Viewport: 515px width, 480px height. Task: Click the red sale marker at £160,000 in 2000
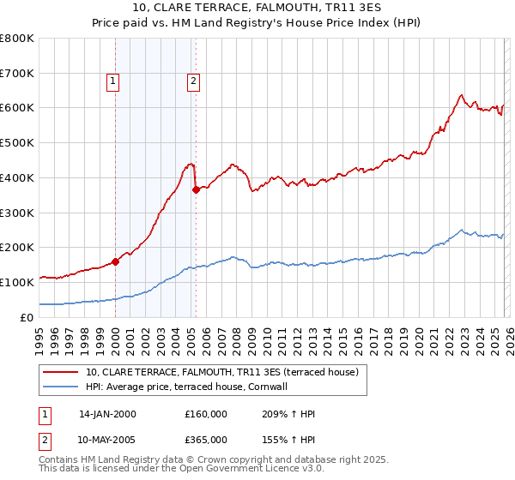115,261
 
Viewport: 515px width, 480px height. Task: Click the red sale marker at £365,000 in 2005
196,189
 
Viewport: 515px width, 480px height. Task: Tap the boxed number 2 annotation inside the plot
194,81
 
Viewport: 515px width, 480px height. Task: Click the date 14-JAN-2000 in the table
107,414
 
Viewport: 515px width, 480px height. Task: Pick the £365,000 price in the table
206,439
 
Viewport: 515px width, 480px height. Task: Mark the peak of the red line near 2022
461,95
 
